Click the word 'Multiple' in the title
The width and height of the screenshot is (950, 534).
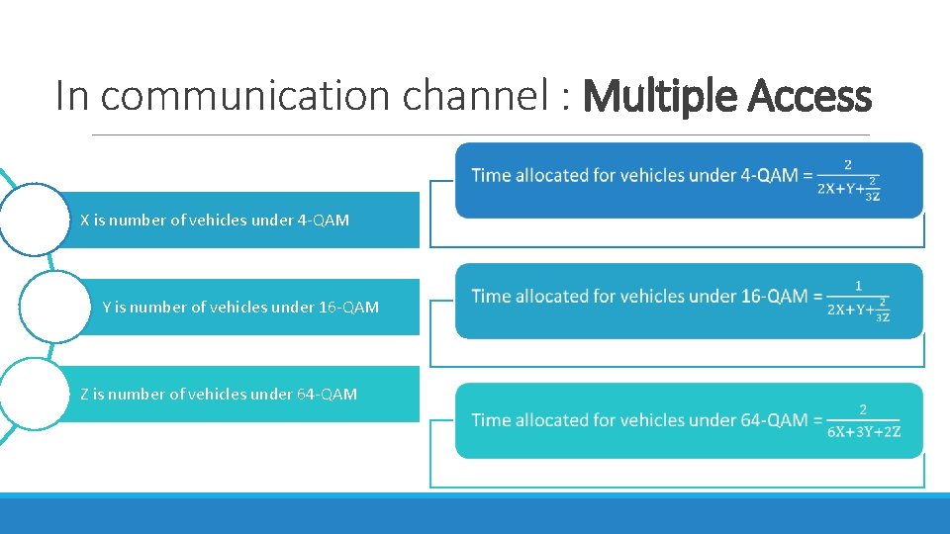(x=660, y=97)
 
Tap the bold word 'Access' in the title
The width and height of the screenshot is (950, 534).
(x=809, y=97)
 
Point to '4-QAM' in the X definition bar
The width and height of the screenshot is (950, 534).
(x=323, y=221)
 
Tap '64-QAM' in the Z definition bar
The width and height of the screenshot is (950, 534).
(x=327, y=395)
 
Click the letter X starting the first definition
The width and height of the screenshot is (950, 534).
(x=85, y=221)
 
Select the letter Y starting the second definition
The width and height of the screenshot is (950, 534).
(x=107, y=308)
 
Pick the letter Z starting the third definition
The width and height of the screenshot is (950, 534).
(x=84, y=395)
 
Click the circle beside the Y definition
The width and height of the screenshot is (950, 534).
(x=54, y=307)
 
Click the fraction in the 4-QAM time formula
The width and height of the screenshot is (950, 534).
(x=849, y=180)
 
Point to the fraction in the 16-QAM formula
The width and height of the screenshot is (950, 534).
(x=858, y=301)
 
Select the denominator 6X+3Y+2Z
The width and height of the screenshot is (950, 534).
(x=863, y=431)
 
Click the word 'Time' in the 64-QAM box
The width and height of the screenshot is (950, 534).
(x=491, y=420)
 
